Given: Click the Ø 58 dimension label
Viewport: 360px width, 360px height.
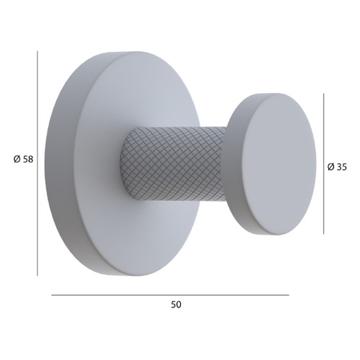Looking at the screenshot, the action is pos(23,159).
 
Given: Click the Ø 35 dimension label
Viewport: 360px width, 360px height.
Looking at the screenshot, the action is pos(337,167).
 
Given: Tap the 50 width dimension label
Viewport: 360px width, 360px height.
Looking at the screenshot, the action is pos(176,305).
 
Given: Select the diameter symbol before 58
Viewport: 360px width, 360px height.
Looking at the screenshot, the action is pos(17,159).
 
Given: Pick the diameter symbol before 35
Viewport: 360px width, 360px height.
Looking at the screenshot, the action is pos(330,167).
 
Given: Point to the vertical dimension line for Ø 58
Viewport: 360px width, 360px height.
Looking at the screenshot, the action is pos(37,163).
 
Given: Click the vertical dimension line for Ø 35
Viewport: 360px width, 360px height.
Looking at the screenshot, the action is pos(323,163).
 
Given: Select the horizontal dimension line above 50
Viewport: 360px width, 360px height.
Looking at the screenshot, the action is pos(170,295).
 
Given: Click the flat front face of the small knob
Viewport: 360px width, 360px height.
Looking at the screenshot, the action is pos(279,164).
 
